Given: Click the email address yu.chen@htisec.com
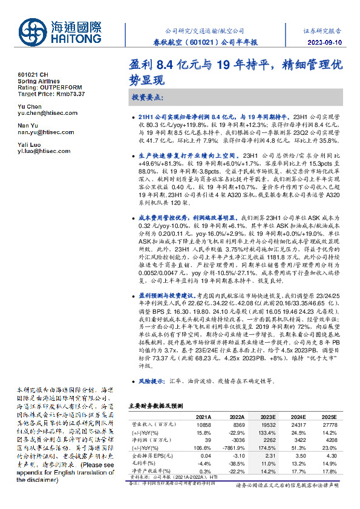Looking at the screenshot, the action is coord(45,113).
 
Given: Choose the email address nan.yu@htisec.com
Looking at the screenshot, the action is coord(44,132).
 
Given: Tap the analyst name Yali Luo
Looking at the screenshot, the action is coord(28,146).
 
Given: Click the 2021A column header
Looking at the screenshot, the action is coord(204,417).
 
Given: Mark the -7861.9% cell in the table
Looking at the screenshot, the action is coord(234,447).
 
